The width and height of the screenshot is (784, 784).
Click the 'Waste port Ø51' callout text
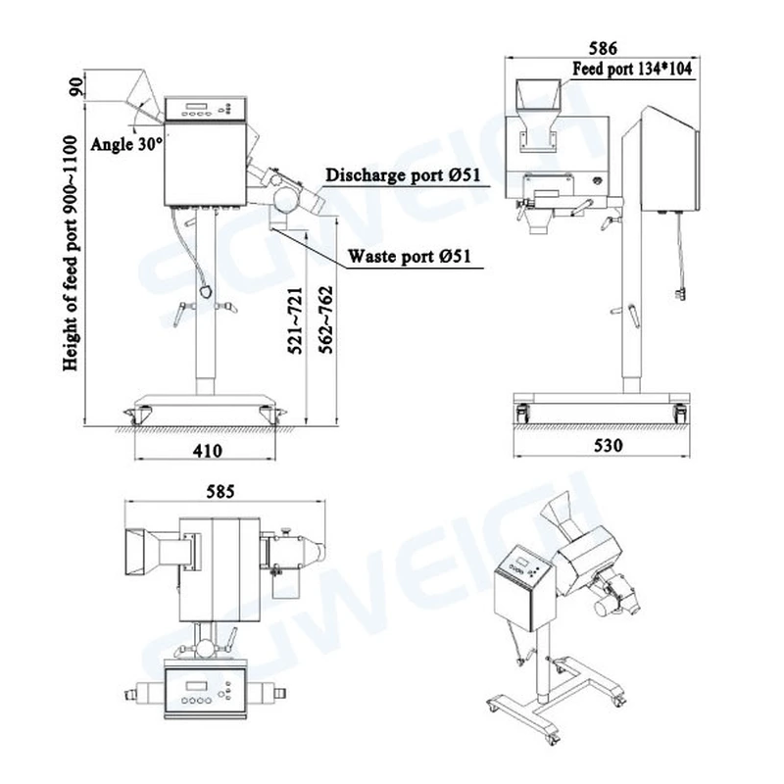[412, 257]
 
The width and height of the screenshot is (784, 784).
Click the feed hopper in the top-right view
[536, 96]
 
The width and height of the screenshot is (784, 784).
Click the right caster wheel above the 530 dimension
[680, 414]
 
